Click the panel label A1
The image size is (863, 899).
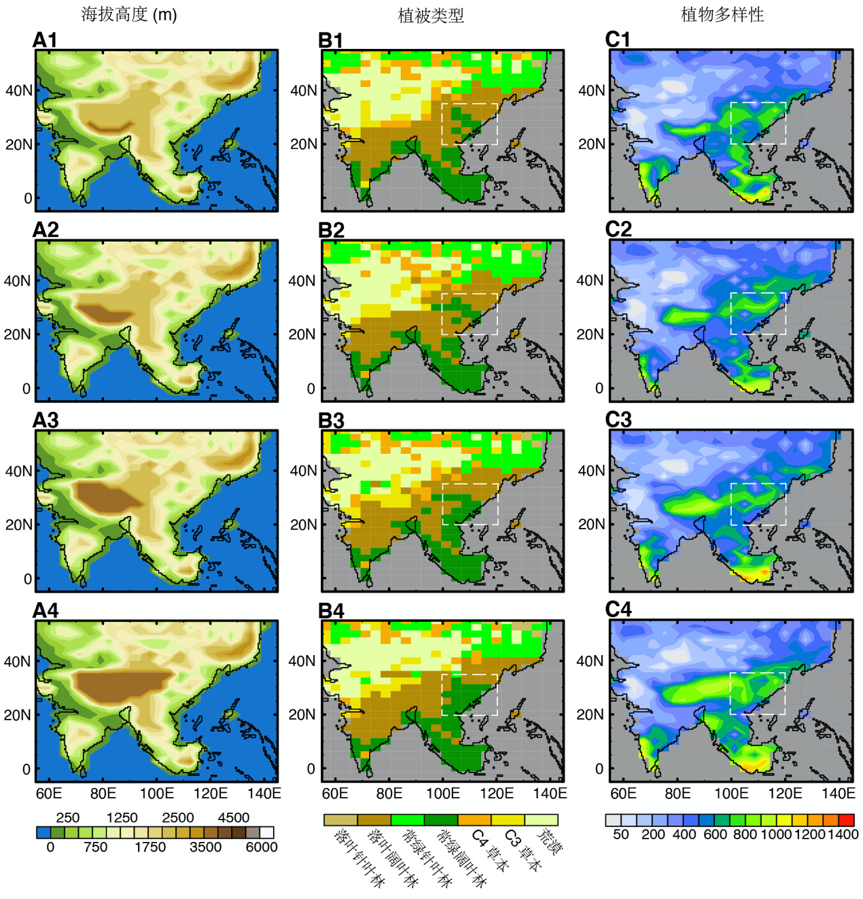[x=45, y=41]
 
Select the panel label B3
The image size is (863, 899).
[x=331, y=421]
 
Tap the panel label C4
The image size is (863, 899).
[x=618, y=610]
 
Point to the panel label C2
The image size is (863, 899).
[x=618, y=230]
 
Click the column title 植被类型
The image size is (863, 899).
[x=431, y=16]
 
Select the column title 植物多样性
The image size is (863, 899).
[x=722, y=14]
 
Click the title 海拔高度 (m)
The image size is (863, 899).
[x=129, y=14]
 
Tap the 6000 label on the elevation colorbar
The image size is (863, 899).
[x=262, y=847]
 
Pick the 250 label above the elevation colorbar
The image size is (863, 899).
[x=68, y=818]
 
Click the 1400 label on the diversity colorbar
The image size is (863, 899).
[x=843, y=834]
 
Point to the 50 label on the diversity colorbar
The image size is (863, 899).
[x=620, y=834]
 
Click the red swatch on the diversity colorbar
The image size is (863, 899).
[x=846, y=820]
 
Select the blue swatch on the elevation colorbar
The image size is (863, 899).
[x=43, y=832]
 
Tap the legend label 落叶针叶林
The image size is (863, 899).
[x=357, y=858]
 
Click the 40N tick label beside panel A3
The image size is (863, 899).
[x=18, y=471]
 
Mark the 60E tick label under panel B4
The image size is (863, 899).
[x=335, y=794]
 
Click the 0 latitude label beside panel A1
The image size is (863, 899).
[x=28, y=198]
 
